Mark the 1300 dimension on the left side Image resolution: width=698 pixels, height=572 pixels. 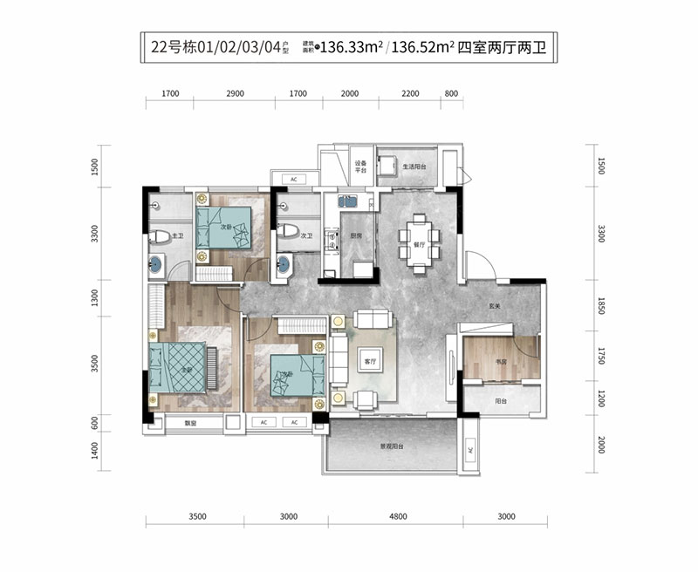click(x=95, y=300)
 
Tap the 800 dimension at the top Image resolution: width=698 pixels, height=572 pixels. click(x=451, y=92)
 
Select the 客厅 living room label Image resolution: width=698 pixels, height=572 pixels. click(x=368, y=360)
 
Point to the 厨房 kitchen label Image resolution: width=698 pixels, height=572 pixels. click(x=356, y=235)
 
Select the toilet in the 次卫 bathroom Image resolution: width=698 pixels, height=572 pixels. click(x=286, y=233)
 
